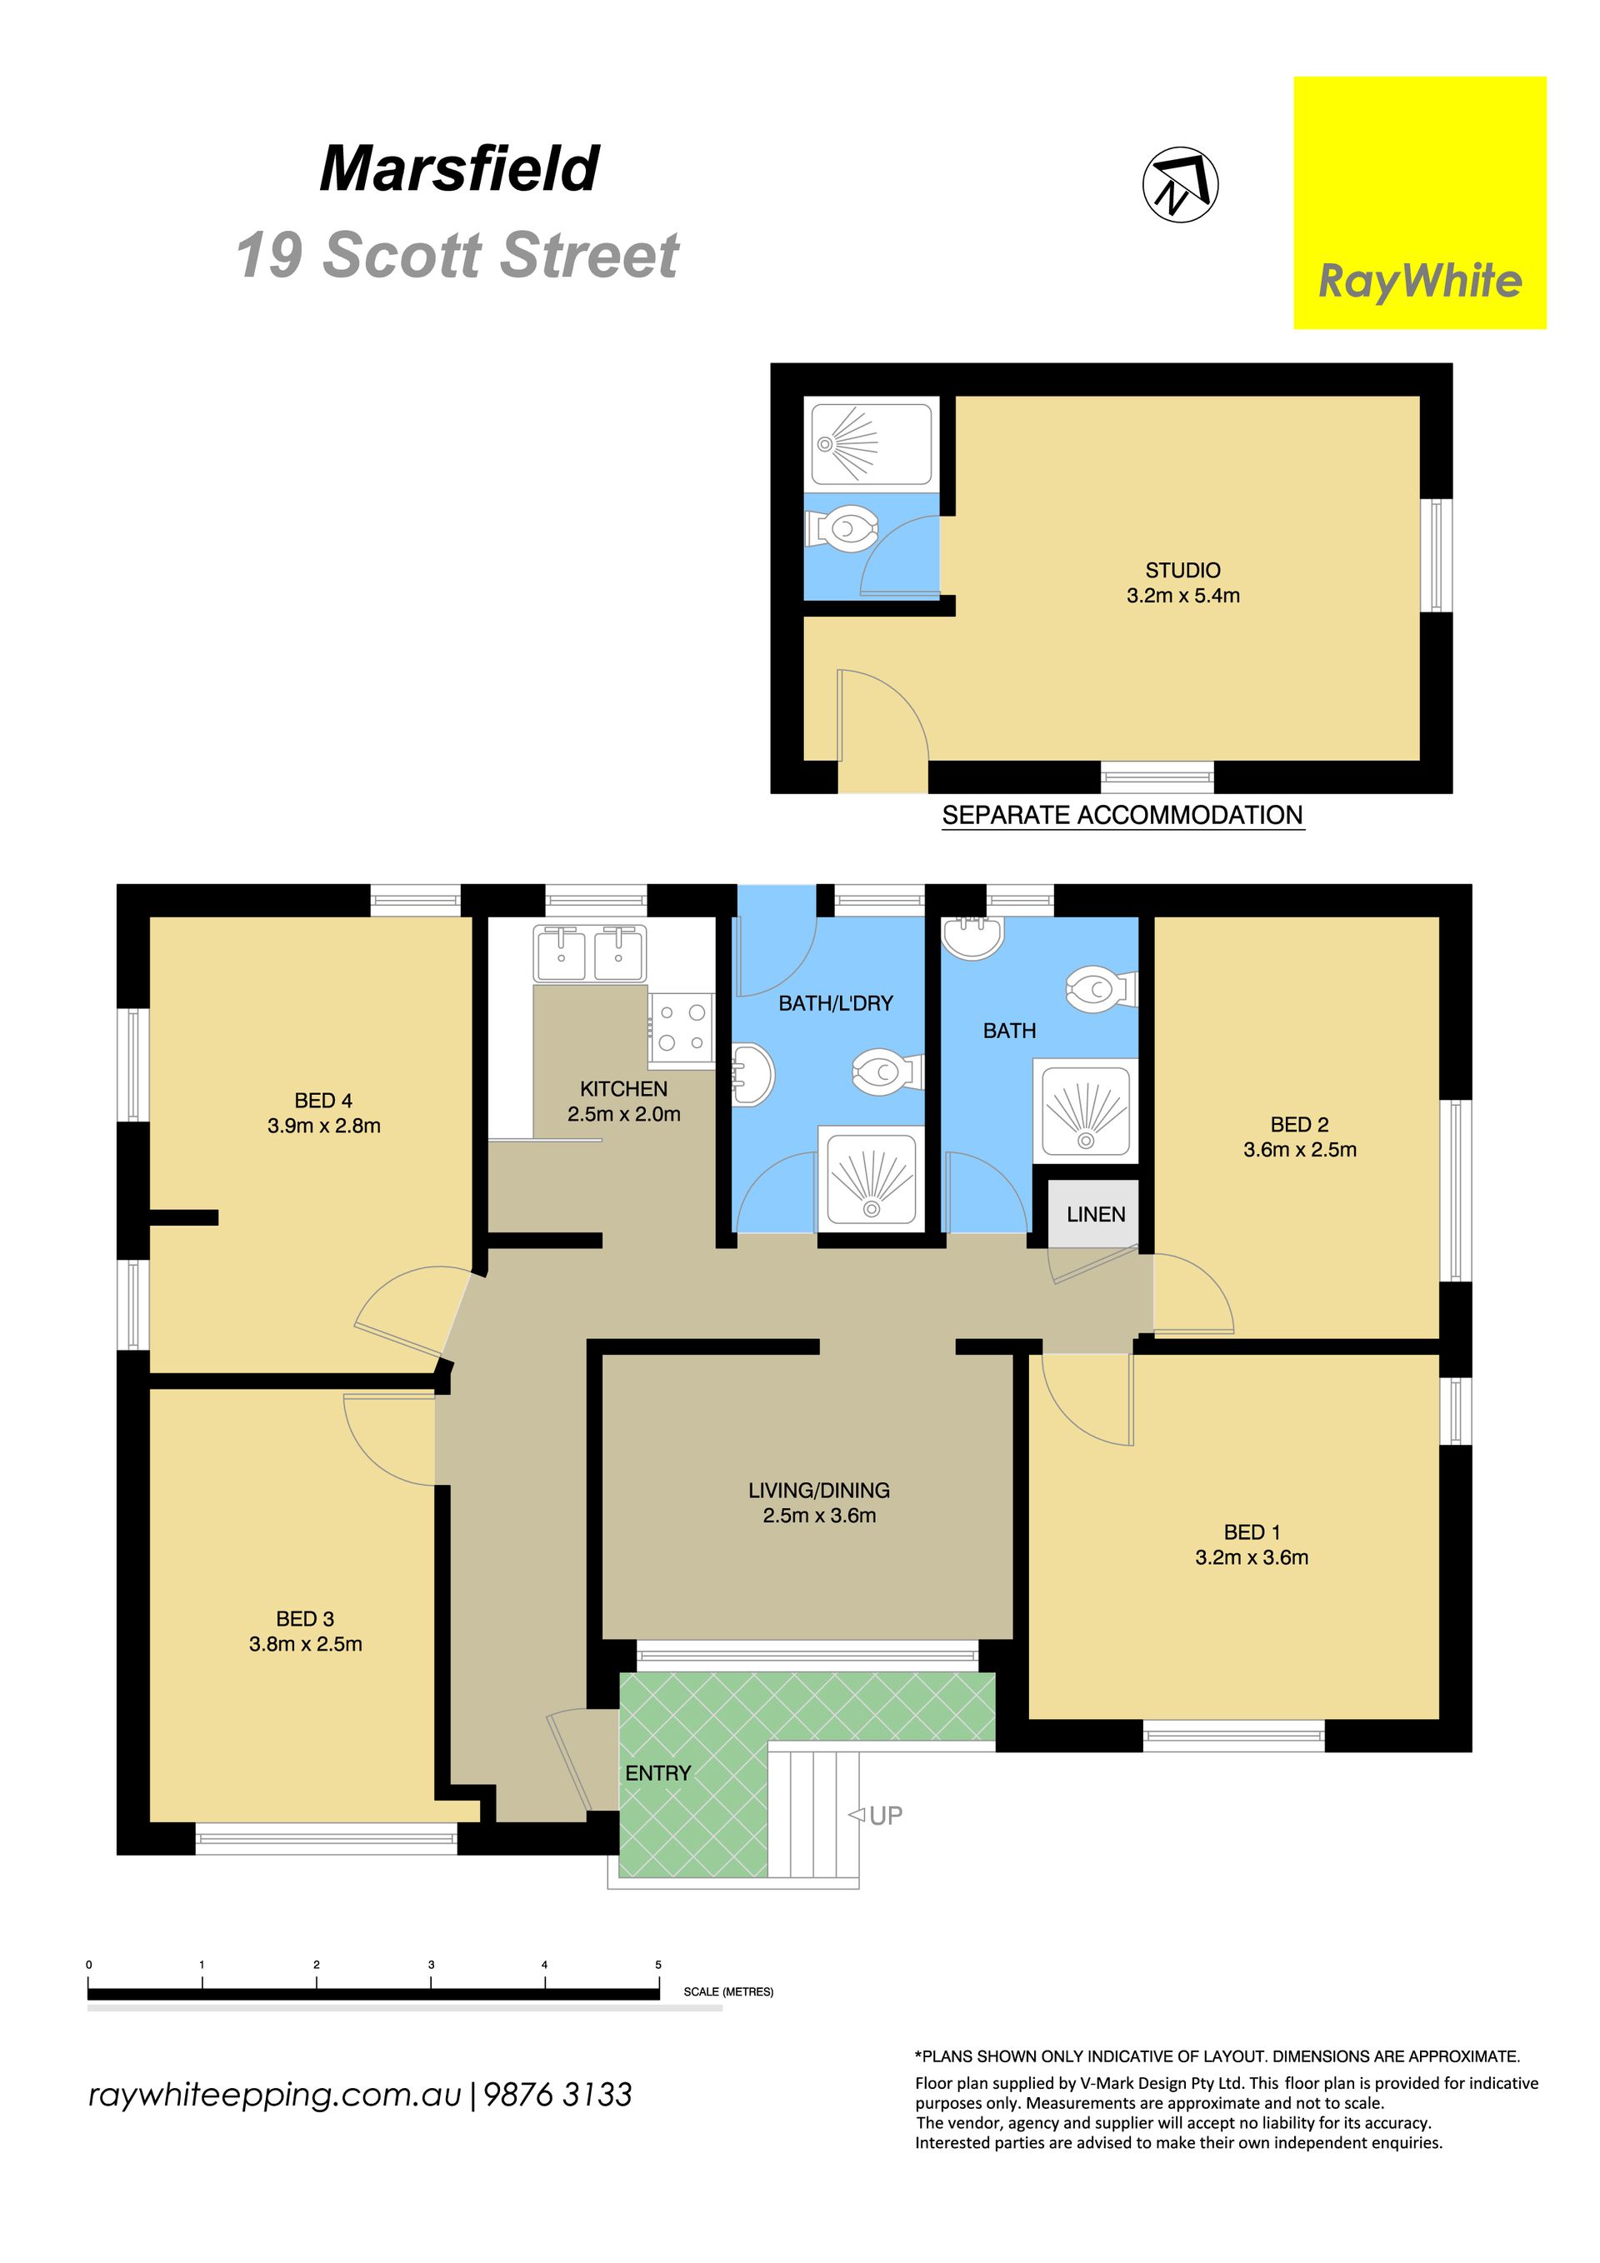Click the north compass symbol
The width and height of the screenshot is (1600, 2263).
pyautogui.click(x=1180, y=184)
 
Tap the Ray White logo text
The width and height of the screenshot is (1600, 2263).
pyautogui.click(x=1420, y=282)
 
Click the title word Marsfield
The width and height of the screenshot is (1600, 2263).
pyautogui.click(x=459, y=168)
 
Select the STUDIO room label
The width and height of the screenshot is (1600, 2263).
pyautogui.click(x=1183, y=571)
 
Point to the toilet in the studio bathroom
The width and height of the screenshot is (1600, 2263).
pyautogui.click(x=842, y=529)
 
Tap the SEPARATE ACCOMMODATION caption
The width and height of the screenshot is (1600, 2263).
pyautogui.click(x=1122, y=815)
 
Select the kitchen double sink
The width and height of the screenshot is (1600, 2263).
pyautogui.click(x=589, y=953)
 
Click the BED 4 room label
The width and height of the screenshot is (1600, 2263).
pyautogui.click(x=323, y=1101)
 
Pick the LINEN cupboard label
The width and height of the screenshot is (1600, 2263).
pyautogui.click(x=1095, y=1214)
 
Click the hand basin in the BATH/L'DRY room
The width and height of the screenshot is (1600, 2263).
pyautogui.click(x=753, y=1076)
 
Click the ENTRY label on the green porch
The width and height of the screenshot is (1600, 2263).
pyautogui.click(x=657, y=1773)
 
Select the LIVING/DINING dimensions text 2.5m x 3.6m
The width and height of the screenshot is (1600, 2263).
pyautogui.click(x=819, y=1516)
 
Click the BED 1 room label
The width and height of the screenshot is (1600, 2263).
pyautogui.click(x=1252, y=1532)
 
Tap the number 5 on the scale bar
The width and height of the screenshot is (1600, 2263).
pyautogui.click(x=658, y=1965)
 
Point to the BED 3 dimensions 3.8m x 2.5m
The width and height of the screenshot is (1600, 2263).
pyautogui.click(x=306, y=1644)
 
